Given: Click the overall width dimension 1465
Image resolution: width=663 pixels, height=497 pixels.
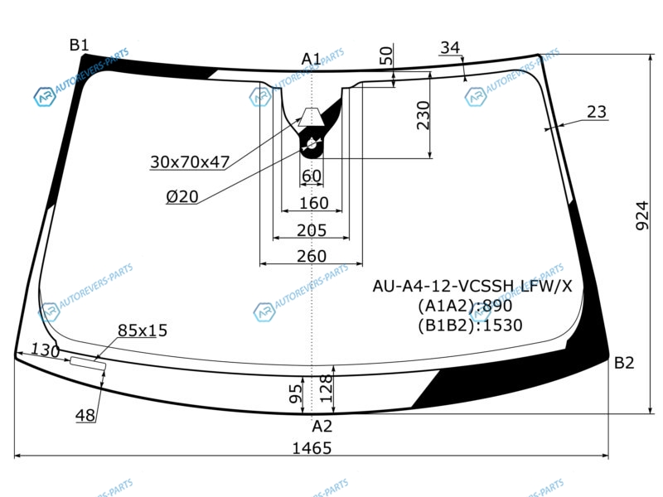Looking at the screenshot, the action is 312,448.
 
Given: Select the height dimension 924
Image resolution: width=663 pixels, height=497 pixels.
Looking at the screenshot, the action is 641,215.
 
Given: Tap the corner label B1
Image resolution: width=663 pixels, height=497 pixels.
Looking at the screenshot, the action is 79,45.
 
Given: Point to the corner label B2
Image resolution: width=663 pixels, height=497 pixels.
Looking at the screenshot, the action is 624,363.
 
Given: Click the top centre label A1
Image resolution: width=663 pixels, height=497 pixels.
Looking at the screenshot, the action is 312,59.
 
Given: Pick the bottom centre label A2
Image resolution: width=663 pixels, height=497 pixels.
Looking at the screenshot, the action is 322,427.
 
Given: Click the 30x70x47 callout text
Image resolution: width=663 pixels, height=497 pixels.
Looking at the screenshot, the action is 190,162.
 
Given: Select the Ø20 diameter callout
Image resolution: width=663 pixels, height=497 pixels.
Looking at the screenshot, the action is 182,196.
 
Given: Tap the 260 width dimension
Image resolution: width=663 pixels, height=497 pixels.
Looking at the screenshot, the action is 312,256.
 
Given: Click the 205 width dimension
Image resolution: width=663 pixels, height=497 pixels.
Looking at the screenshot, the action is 312,230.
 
